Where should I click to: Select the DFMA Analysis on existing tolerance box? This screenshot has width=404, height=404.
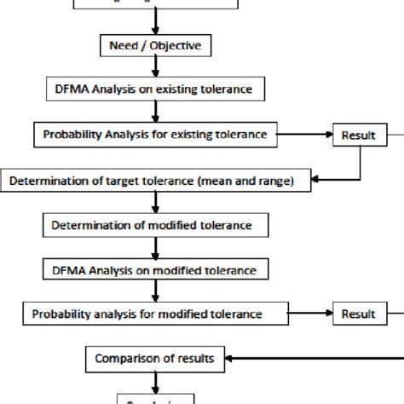coord(153,88)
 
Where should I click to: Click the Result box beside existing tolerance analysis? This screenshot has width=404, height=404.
coord(358,135)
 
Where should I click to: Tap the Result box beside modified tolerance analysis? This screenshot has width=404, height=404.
coord(358,315)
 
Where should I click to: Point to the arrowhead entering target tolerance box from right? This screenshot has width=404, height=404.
coord(314,180)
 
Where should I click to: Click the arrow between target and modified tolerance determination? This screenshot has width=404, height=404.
coord(154,203)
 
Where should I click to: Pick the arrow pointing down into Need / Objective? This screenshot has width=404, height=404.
coord(154,19)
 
